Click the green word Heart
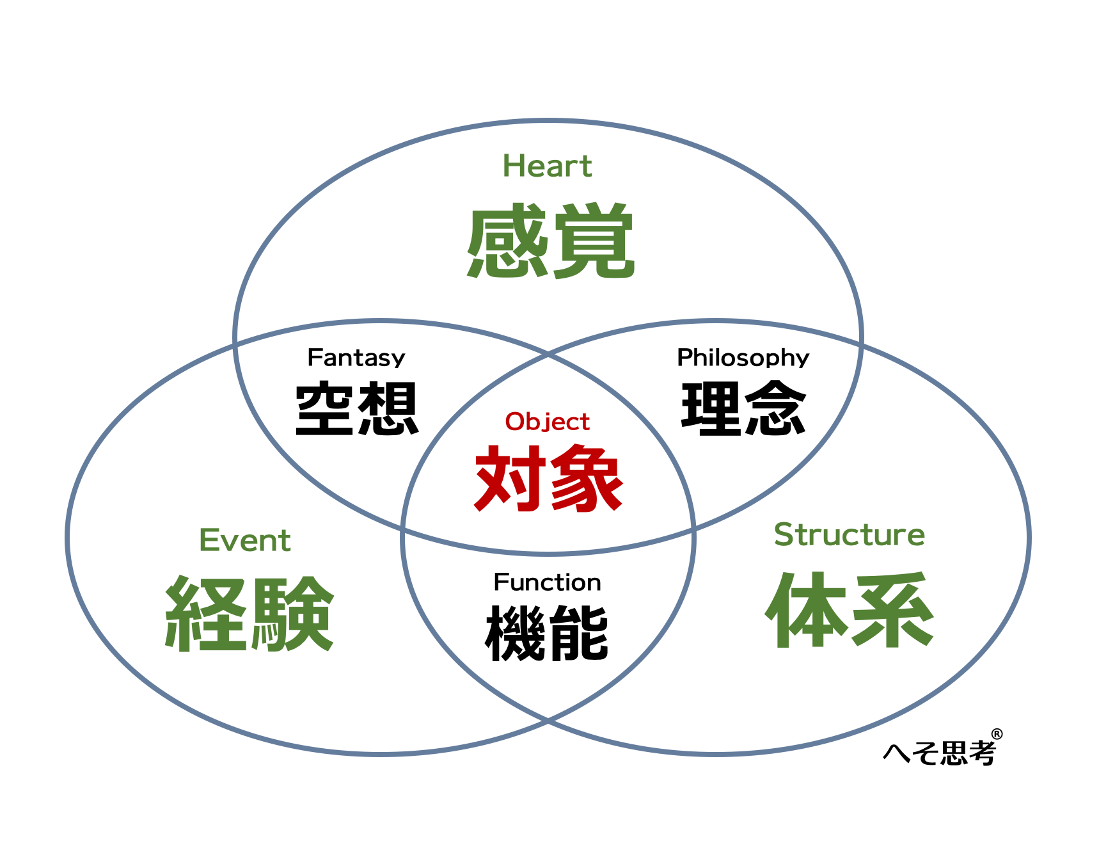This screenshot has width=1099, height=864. tap(547, 166)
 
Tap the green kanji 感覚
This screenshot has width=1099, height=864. tap(550, 241)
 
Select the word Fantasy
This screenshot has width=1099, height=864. tap(356, 358)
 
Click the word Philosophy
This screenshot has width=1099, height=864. tap(743, 358)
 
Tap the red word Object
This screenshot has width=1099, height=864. tap(547, 422)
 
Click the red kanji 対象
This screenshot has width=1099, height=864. tap(549, 478)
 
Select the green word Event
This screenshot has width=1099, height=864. tap(245, 540)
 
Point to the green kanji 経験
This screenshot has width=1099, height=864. tap(249, 614)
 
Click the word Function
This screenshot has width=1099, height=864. tap(547, 582)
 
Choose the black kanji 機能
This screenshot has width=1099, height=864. tap(547, 633)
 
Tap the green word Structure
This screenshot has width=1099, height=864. tap(849, 534)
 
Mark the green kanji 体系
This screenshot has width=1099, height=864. tap(850, 610)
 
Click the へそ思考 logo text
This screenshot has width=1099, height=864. tap(939, 753)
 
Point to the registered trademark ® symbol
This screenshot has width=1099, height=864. tap(997, 734)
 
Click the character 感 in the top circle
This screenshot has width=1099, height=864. tap(507, 241)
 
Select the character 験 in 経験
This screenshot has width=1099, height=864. tap(293, 614)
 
